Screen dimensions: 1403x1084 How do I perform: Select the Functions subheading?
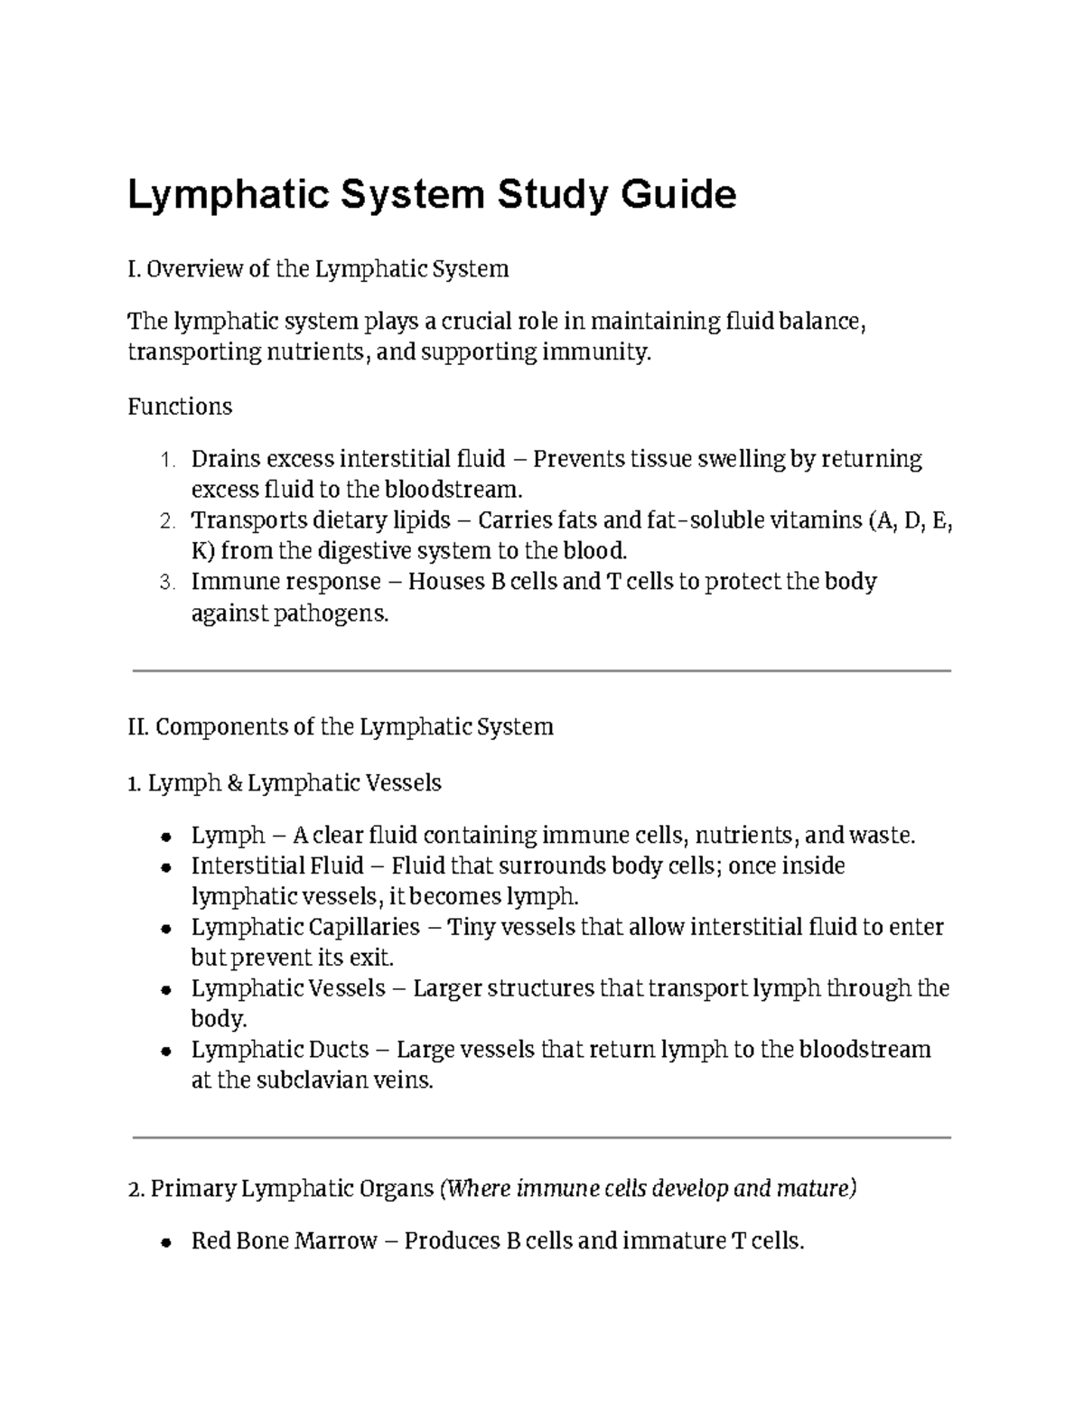[x=180, y=407]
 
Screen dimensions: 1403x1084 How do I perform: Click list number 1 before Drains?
[x=165, y=460]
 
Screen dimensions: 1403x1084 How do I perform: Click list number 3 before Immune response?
[x=165, y=583]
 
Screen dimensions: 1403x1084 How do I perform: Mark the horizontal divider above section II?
[x=541, y=670]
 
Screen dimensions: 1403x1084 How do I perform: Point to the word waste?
[x=886, y=836]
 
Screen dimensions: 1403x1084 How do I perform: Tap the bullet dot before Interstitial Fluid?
[x=165, y=867]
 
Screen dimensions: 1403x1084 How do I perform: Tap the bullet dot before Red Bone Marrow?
[x=165, y=1242]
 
